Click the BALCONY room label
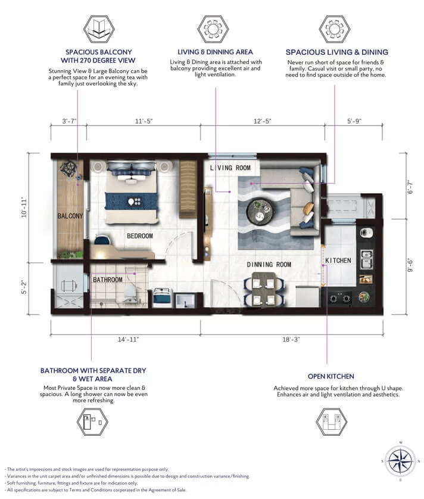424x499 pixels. tap(70, 216)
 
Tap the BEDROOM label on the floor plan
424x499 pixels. tap(139, 236)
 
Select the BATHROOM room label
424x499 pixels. tap(107, 280)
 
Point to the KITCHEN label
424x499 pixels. tap(338, 261)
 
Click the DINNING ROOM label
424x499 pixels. tap(269, 264)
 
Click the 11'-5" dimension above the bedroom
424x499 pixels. tap(144, 122)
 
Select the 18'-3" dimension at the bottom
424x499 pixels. tap(292, 339)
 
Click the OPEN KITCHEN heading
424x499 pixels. tap(331, 376)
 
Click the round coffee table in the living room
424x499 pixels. tap(261, 209)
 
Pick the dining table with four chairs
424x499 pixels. tap(263, 289)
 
